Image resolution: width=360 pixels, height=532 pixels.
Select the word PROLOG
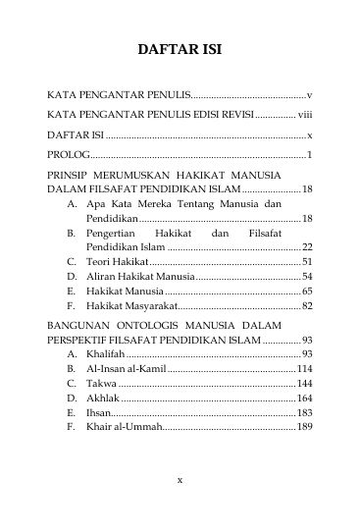tap(67, 154)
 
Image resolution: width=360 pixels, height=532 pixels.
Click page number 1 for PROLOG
tap(310, 154)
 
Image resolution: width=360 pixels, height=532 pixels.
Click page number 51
tap(306, 262)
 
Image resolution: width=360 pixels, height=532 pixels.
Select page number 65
tap(306, 292)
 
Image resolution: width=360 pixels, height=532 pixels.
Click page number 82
tap(306, 306)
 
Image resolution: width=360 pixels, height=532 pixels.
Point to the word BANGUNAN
tap(79, 323)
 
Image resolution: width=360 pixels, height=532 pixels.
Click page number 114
tap(304, 367)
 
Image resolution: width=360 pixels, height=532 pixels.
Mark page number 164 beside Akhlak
tap(304, 398)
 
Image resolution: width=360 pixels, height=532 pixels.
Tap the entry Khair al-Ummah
tap(123, 427)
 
